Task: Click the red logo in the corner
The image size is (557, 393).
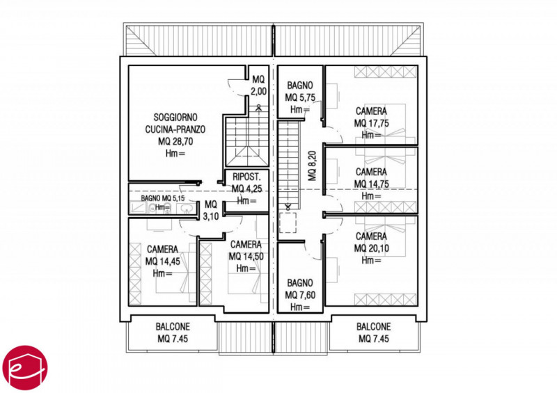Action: [24, 368]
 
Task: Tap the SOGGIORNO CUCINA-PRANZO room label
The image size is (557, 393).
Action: [175, 123]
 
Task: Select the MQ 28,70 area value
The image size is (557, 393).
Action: [175, 141]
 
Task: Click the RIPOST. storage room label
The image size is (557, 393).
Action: [246, 177]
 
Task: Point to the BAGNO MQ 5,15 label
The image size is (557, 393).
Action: [162, 198]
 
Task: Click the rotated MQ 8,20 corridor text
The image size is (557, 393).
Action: [312, 166]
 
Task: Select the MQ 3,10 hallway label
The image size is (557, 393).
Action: [211, 210]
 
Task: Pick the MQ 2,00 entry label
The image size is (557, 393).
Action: [258, 85]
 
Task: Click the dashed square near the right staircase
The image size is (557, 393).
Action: [288, 223]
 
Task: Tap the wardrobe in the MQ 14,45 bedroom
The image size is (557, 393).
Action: [135, 274]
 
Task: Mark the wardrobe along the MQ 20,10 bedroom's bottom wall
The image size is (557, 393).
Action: [385, 300]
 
